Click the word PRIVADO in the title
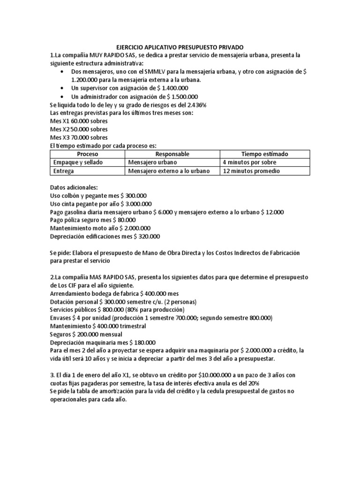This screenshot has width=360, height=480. coord(229,46)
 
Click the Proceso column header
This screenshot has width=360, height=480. coord(88,154)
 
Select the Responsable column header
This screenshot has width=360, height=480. coord(172,154)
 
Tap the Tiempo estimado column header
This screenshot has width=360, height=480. coord(265,154)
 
